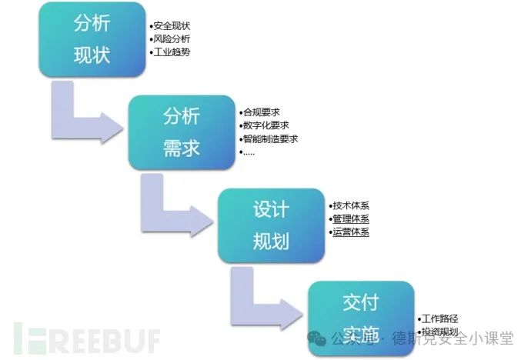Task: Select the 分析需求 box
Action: click(x=182, y=132)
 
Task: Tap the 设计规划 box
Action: click(x=271, y=225)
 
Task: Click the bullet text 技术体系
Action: click(x=350, y=205)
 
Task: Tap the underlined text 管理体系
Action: click(x=350, y=218)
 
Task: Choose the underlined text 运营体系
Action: click(x=350, y=232)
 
